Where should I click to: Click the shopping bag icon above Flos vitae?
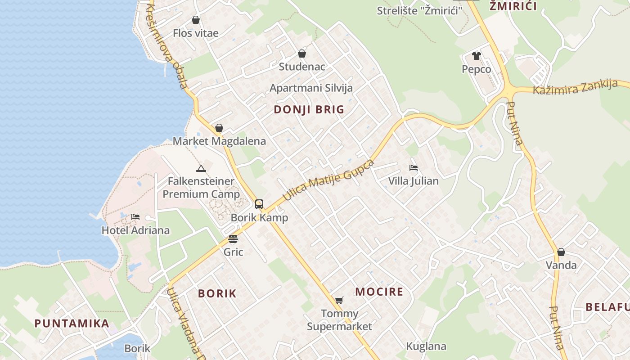(x=196, y=20)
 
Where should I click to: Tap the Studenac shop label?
(x=301, y=67)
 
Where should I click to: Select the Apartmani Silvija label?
(x=311, y=88)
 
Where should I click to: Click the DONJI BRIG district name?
(x=309, y=109)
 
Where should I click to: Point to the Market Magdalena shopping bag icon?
(x=219, y=128)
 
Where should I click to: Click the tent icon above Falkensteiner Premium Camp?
(x=201, y=169)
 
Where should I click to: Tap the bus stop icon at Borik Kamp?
(x=259, y=204)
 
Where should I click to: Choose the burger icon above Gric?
(x=233, y=238)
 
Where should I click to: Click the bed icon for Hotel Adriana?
(x=135, y=217)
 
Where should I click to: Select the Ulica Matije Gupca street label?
(x=328, y=180)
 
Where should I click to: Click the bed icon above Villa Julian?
(x=414, y=168)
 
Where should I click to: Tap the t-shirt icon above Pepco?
(x=477, y=56)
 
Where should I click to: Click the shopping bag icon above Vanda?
(x=561, y=252)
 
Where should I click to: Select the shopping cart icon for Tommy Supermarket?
(x=339, y=300)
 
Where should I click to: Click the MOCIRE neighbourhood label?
(x=379, y=292)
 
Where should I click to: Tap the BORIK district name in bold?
(x=217, y=293)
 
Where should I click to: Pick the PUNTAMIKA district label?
(x=72, y=323)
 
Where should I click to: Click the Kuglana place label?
(x=426, y=346)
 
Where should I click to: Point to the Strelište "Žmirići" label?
(x=419, y=10)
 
